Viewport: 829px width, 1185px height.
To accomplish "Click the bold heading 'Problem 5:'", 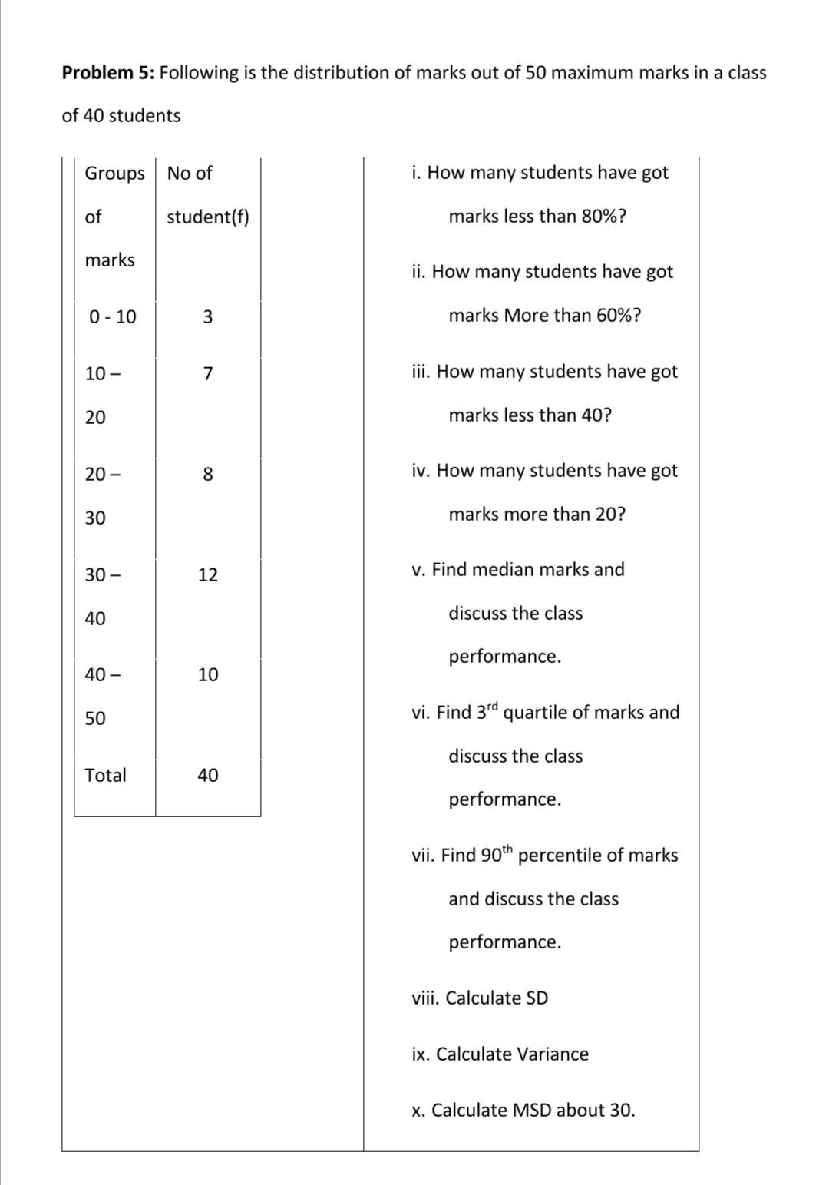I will click(x=108, y=73).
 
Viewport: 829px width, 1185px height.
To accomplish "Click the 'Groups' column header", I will click(x=114, y=174).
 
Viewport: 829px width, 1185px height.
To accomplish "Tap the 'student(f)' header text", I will click(x=208, y=217).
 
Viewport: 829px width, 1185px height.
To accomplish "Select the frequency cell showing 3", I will click(x=208, y=316).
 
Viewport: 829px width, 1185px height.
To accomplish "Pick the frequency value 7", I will click(x=208, y=374).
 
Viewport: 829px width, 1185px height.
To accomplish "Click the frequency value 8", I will click(x=208, y=475).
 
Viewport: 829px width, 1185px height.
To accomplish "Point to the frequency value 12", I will click(x=208, y=575).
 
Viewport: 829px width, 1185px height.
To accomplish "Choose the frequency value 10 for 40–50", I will click(x=208, y=675).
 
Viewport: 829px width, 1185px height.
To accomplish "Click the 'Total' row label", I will click(x=106, y=776).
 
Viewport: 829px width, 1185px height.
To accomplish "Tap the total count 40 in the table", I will click(x=208, y=776).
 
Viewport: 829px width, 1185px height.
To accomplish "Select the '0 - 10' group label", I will click(x=113, y=316).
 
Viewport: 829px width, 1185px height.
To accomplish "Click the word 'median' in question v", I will click(x=502, y=570).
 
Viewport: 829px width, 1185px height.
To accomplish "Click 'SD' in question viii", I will click(x=537, y=998).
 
